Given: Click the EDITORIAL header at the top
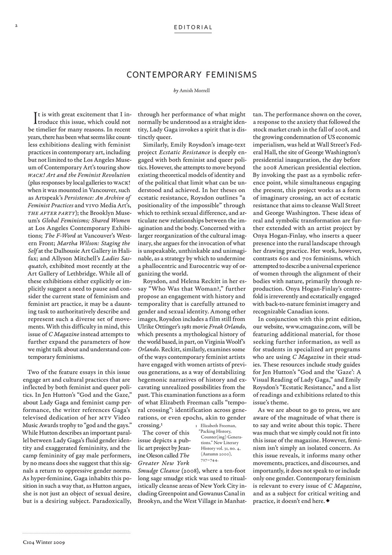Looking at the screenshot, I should point(193,28).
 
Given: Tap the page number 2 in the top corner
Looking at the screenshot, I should point(16,26).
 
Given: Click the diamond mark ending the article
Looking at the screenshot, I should point(327,501).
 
